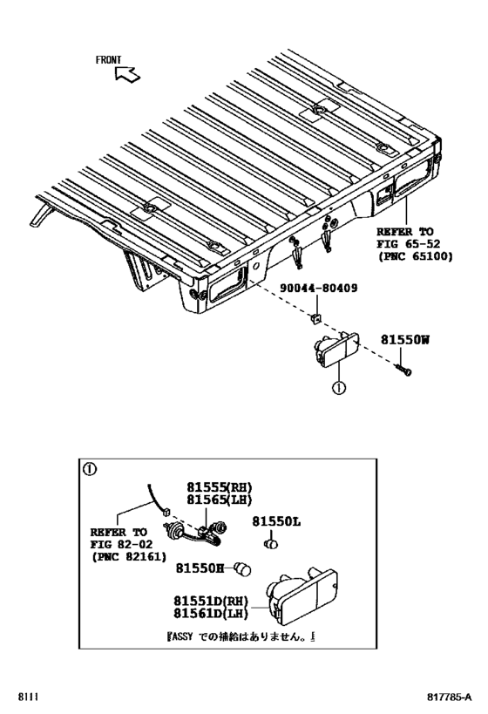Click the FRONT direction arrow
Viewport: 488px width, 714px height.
click(127, 76)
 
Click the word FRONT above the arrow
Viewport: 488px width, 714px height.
click(109, 60)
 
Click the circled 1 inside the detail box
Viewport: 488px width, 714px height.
click(89, 469)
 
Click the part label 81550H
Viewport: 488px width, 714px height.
click(200, 568)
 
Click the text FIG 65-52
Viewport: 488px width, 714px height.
click(404, 245)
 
